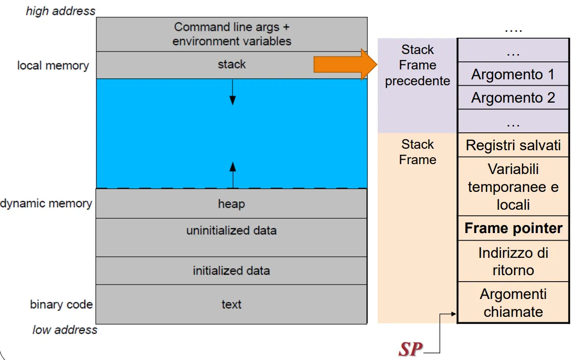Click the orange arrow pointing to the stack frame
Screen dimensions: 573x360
tap(345, 64)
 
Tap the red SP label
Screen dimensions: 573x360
tap(410, 349)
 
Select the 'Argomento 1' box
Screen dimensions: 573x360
tap(513, 74)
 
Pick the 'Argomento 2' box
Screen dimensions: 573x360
tap(513, 98)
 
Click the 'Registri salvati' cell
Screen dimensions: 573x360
tap(513, 145)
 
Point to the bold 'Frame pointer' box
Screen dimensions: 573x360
tap(513, 228)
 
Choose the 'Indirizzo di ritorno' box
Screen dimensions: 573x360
tap(513, 261)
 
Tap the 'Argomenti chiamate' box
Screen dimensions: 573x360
tap(513, 302)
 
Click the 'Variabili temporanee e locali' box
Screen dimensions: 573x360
tap(513, 186)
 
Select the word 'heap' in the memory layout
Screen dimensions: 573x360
tap(231, 204)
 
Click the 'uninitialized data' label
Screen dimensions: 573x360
tap(231, 231)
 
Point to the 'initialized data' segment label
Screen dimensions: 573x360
tap(231, 270)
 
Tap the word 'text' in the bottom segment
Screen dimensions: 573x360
tap(231, 304)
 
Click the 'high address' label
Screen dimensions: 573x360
tap(60, 11)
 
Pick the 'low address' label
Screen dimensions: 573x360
tap(64, 330)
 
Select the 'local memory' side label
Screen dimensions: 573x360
tap(53, 65)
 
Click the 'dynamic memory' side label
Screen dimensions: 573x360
tap(46, 203)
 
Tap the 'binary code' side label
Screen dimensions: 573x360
tap(61, 304)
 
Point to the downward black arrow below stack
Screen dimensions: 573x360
tap(232, 92)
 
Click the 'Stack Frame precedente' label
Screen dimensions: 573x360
tap(417, 65)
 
